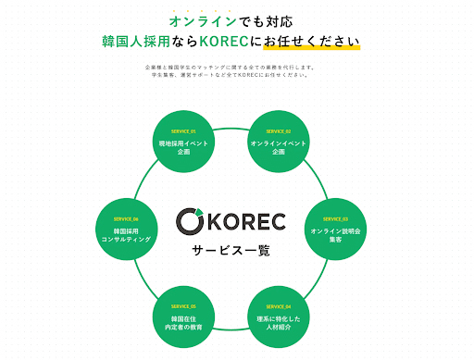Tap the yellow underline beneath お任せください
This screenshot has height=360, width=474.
(314, 50)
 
